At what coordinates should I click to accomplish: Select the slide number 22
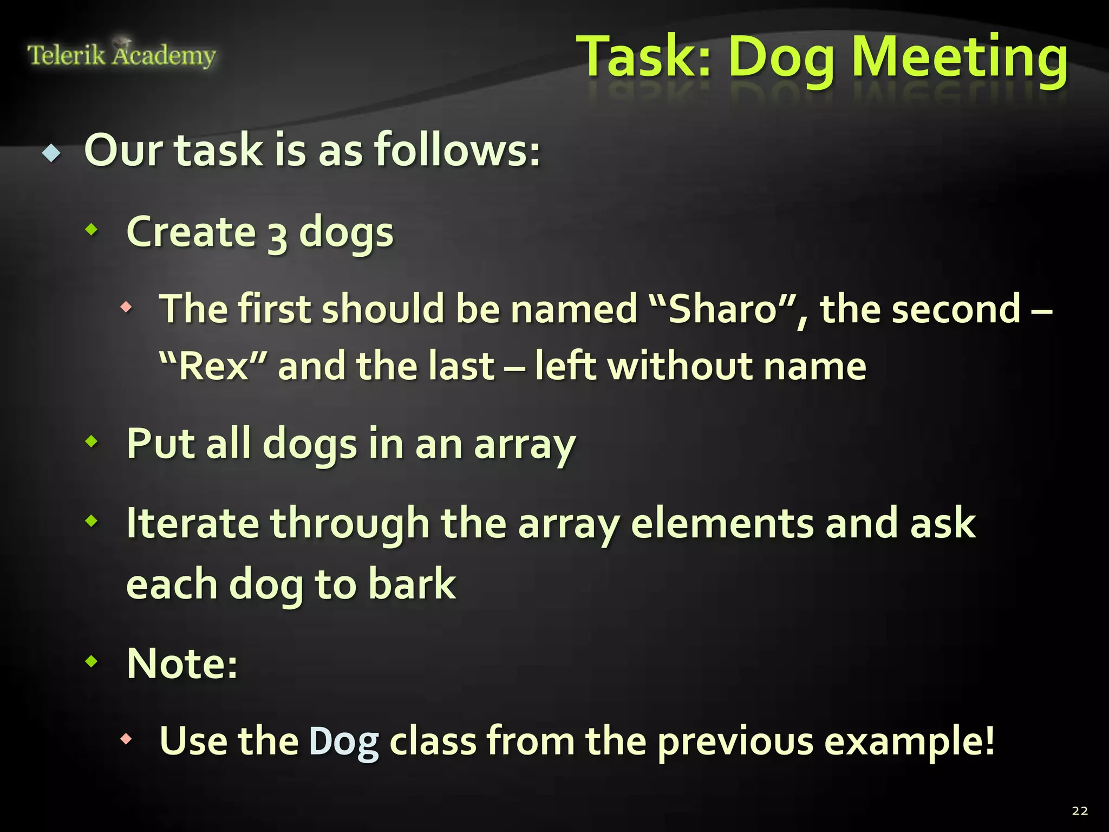1080,811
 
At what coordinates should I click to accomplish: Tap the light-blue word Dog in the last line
344,742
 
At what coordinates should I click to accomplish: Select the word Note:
182,664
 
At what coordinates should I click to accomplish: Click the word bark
412,585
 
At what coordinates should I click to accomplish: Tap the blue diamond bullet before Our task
51,154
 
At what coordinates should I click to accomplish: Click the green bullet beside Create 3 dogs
92,230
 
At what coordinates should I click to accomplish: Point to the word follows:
457,151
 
